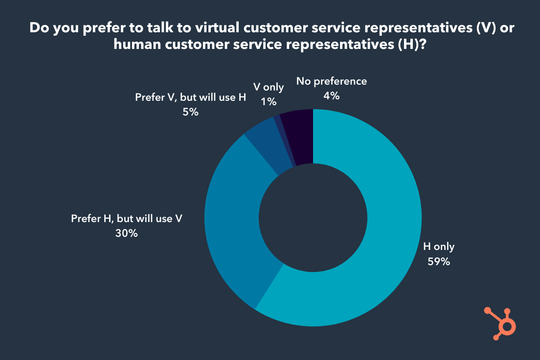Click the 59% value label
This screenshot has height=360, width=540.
click(x=438, y=262)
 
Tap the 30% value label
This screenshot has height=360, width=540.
click(x=127, y=233)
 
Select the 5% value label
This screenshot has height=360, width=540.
click(x=190, y=112)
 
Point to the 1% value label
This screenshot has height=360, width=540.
click(x=269, y=102)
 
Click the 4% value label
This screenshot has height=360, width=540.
click(x=331, y=96)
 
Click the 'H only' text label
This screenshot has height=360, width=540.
click(x=438, y=247)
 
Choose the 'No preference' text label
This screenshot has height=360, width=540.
click(x=331, y=82)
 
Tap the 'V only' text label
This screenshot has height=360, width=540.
click(x=269, y=88)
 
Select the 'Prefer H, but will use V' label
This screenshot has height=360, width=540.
click(x=127, y=219)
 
